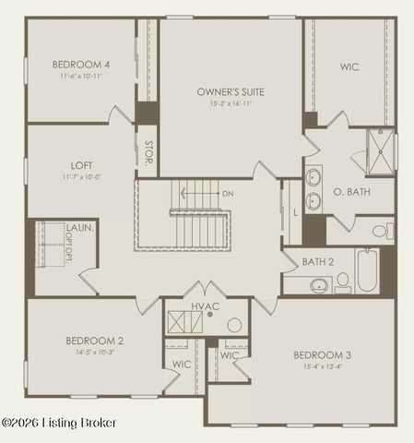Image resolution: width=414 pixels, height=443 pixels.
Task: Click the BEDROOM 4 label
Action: click(x=81, y=64)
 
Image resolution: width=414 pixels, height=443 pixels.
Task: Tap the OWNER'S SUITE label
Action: click(x=231, y=92)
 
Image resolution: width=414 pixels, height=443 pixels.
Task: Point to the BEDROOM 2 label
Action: click(x=93, y=341)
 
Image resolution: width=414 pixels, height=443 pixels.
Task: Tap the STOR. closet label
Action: click(x=148, y=152)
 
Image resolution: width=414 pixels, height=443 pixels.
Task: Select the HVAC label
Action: click(x=205, y=305)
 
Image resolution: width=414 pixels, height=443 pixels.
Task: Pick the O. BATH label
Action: click(x=350, y=193)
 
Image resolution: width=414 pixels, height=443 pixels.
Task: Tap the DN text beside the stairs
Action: click(x=228, y=194)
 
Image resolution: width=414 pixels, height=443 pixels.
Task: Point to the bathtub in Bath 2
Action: click(x=367, y=270)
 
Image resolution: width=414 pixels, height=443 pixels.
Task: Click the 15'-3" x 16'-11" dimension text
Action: click(x=231, y=104)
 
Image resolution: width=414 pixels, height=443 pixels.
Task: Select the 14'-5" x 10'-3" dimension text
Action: click(x=93, y=352)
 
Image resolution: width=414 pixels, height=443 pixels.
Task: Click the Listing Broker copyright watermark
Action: click(x=59, y=423)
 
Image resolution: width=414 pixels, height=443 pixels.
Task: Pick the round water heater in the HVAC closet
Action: click(x=234, y=325)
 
